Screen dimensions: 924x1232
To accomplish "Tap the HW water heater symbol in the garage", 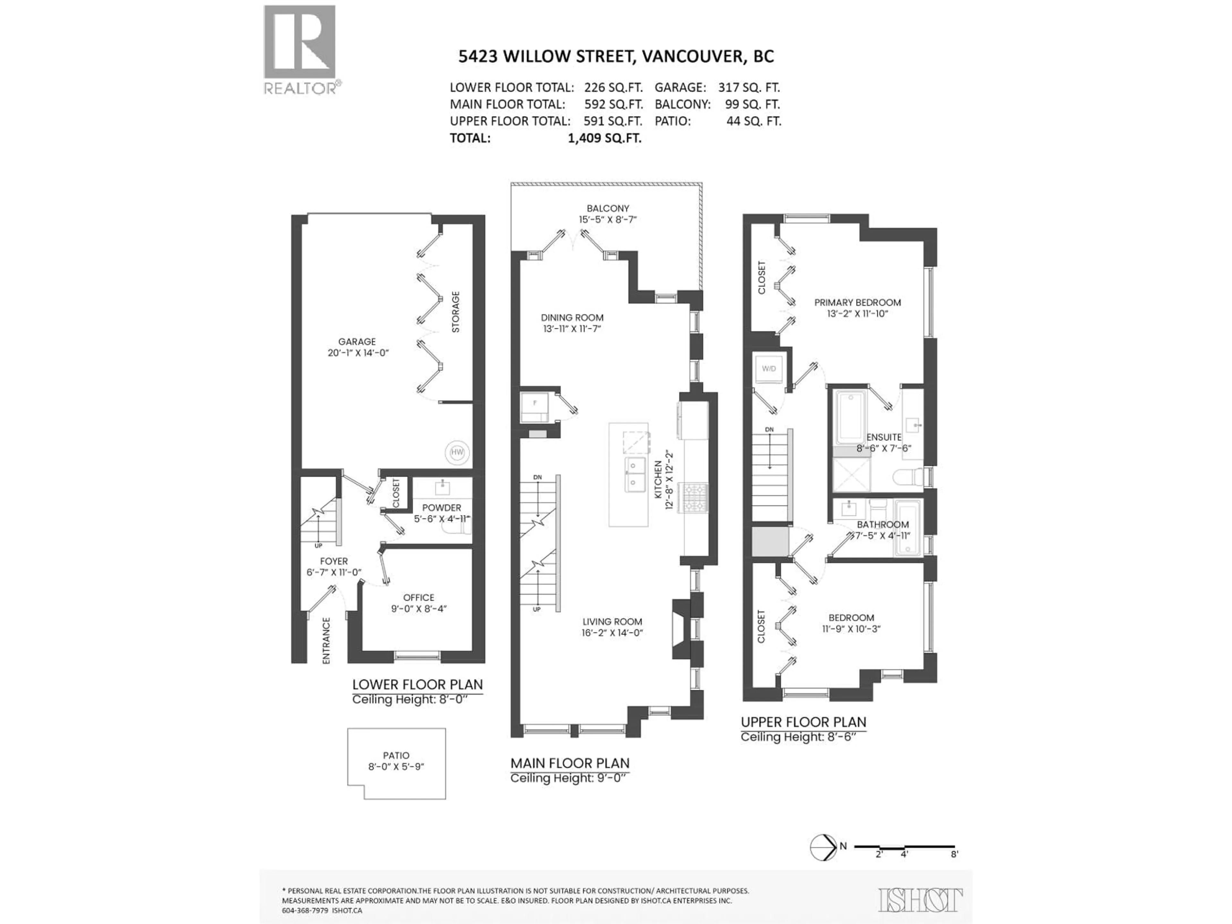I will (457, 452).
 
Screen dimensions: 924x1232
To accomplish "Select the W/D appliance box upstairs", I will (769, 369).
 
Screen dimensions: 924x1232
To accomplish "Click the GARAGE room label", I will (357, 341).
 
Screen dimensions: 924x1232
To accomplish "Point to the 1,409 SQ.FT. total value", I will (604, 139).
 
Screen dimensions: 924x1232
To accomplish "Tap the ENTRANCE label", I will (326, 640).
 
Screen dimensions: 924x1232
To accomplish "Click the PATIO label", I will (396, 755).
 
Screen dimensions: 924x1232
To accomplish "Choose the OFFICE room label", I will (419, 598).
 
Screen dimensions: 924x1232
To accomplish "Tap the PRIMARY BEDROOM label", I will (857, 303).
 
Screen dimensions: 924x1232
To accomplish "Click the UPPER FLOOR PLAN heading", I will (803, 722).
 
